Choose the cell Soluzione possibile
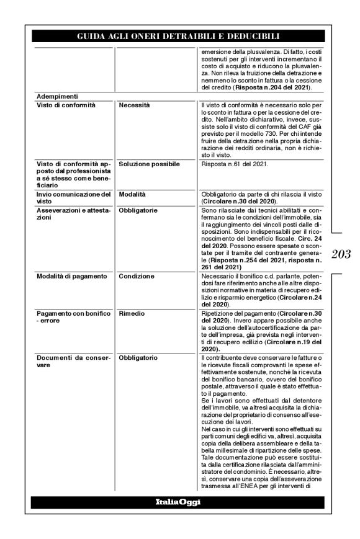(x=149, y=164)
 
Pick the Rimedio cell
(x=132, y=314)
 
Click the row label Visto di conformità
(x=66, y=105)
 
